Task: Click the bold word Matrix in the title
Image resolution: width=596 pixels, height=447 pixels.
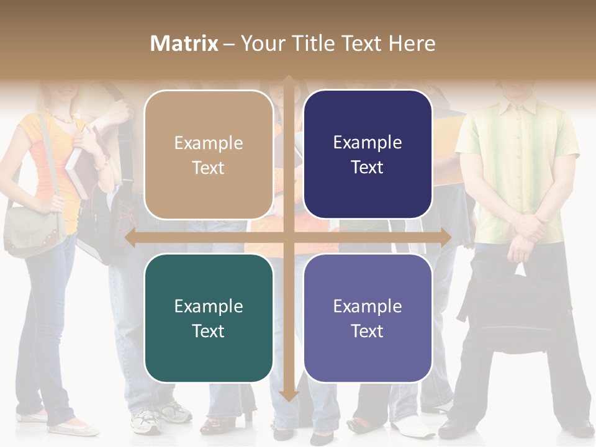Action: click(184, 43)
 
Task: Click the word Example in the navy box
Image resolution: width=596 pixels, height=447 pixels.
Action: click(368, 143)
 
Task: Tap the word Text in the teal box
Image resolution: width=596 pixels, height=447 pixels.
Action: click(209, 331)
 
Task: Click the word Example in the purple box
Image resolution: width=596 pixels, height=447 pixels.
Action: click(368, 306)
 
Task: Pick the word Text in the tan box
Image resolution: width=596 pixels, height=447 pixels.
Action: click(209, 168)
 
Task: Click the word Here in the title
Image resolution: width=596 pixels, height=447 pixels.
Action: click(412, 43)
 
